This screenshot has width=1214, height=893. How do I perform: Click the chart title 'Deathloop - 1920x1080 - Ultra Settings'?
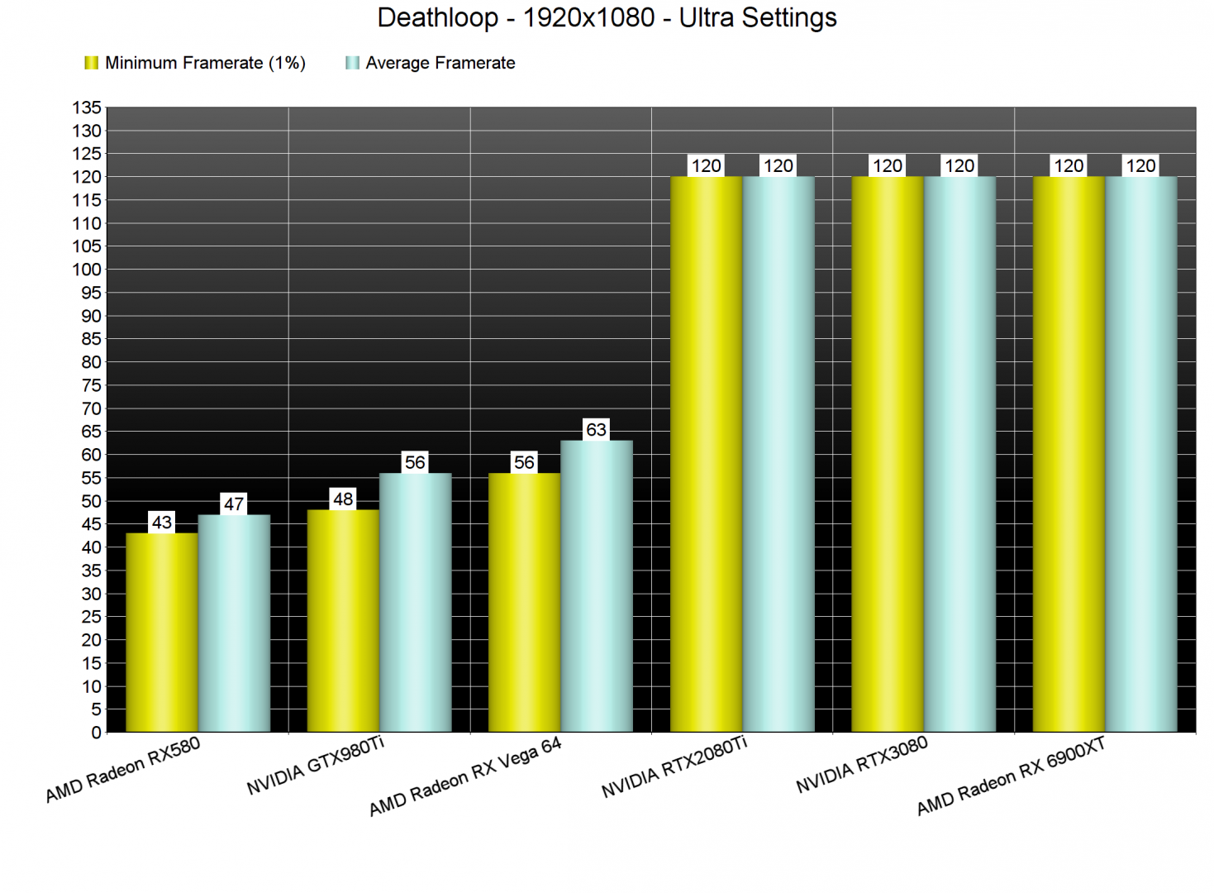pyautogui.click(x=607, y=17)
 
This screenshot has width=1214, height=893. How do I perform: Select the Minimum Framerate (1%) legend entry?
pyautogui.click(x=195, y=63)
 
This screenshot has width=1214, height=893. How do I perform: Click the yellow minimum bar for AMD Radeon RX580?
pyautogui.click(x=162, y=633)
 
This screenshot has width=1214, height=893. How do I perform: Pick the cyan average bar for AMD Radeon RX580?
pyautogui.click(x=234, y=623)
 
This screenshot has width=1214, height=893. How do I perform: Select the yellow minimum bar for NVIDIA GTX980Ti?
pyautogui.click(x=343, y=621)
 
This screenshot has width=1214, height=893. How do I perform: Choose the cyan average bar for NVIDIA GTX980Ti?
pyautogui.click(x=416, y=603)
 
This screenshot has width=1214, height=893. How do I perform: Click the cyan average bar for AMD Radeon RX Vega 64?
pyautogui.click(x=597, y=586)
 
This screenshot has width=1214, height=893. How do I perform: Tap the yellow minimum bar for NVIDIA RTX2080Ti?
pyautogui.click(x=707, y=454)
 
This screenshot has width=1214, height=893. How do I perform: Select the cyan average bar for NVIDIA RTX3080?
pyautogui.click(x=959, y=454)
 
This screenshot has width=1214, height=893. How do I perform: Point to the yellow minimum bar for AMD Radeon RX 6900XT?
pyautogui.click(x=1069, y=454)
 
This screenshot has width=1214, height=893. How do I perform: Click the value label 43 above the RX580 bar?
pyautogui.click(x=162, y=523)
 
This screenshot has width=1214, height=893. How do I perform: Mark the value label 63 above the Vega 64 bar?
pyautogui.click(x=597, y=430)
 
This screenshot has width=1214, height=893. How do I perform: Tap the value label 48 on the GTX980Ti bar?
pyautogui.click(x=343, y=499)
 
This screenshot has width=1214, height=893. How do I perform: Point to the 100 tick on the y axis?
pyautogui.click(x=87, y=270)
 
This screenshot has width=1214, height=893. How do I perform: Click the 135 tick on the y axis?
pyautogui.click(x=87, y=107)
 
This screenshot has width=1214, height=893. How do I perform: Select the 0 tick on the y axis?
pyautogui.click(x=96, y=733)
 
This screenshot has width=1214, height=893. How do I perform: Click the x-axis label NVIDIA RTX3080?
pyautogui.click(x=862, y=766)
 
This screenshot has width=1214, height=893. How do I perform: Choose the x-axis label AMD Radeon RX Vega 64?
pyautogui.click(x=465, y=776)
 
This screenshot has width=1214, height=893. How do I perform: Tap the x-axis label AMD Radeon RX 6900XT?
pyautogui.click(x=1011, y=777)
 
